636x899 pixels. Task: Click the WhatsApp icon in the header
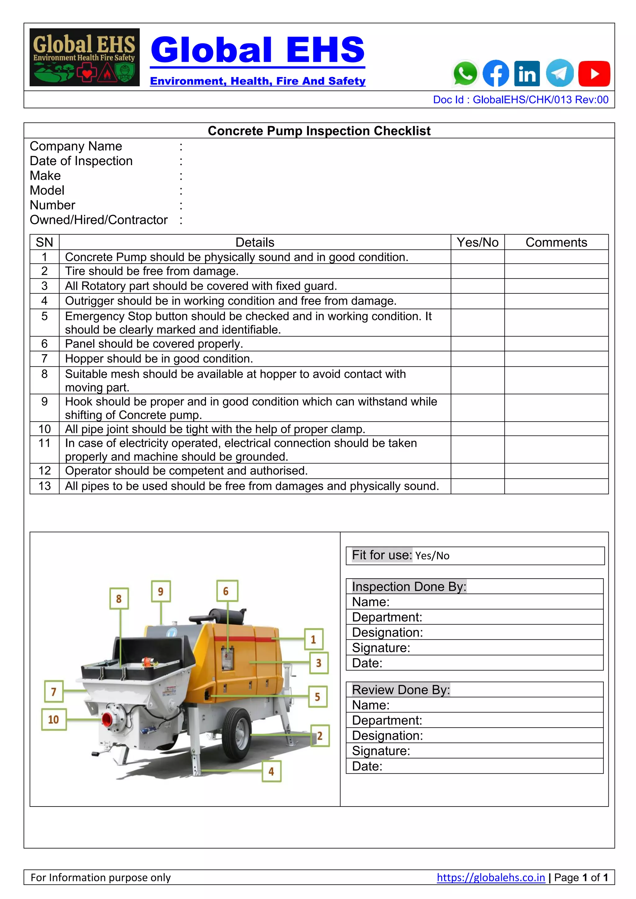click(x=465, y=73)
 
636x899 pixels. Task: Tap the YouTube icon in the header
click(x=594, y=74)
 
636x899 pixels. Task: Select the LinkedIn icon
click(x=527, y=74)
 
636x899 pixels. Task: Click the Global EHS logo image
click(x=84, y=57)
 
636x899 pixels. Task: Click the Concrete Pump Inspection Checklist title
click(x=319, y=131)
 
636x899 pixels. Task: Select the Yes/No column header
click(x=477, y=242)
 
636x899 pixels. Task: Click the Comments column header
click(x=556, y=242)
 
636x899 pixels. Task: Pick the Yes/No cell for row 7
click(x=477, y=359)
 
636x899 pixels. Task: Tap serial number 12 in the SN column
click(x=45, y=471)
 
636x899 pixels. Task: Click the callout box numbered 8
click(x=119, y=598)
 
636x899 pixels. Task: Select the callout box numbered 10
click(x=54, y=719)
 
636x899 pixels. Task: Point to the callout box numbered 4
click(x=271, y=771)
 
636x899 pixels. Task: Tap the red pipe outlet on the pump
click(x=108, y=719)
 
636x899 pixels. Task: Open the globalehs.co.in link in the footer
click(x=491, y=878)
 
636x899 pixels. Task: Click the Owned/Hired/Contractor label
click(x=99, y=220)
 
